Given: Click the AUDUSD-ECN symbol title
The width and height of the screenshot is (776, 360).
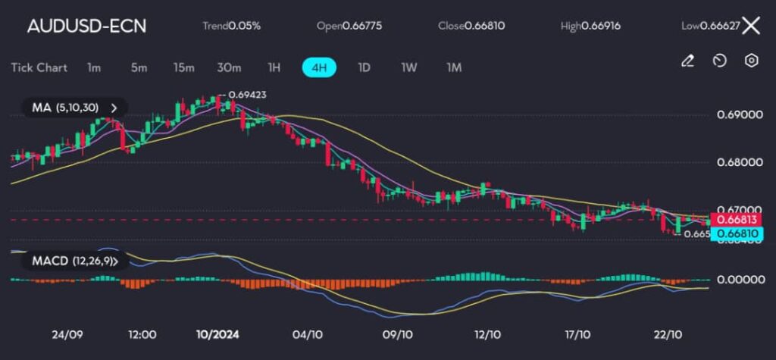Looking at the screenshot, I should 86,26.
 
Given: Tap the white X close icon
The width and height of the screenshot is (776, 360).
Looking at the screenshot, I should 750,26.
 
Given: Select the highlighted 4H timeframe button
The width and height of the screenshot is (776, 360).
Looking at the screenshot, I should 319,67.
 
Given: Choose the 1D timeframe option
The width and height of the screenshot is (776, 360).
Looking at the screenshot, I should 364,67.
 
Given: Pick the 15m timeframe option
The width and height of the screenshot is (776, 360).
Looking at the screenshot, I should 183,67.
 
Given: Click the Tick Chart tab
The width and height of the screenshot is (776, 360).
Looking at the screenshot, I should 39,67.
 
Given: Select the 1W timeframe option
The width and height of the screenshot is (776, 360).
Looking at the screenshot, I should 409,67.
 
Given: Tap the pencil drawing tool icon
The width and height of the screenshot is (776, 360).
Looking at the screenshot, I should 687,61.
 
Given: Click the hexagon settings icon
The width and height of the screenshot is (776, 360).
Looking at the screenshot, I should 751,61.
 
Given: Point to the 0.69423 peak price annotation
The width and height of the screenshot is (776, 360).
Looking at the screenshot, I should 247,95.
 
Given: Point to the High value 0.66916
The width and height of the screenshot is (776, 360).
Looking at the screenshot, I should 591,26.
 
